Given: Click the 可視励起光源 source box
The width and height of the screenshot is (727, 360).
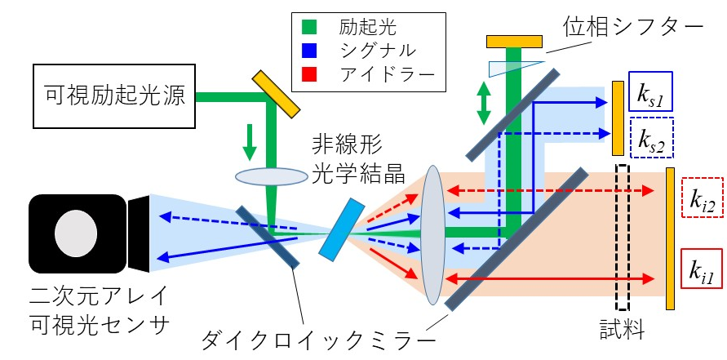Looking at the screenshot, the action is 114,96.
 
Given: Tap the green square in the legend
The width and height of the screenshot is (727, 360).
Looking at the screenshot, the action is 308,28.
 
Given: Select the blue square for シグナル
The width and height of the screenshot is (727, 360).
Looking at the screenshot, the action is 308,51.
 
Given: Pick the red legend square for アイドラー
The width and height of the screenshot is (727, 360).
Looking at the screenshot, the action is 308,73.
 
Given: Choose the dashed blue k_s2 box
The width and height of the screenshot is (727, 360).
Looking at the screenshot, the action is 652,138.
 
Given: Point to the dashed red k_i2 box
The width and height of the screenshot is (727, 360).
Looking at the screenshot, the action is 702,198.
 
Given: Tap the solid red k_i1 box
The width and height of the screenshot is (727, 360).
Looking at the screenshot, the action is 701,269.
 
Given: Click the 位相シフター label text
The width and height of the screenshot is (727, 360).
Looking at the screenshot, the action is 633,28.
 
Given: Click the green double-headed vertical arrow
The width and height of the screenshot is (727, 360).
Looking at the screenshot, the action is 484,103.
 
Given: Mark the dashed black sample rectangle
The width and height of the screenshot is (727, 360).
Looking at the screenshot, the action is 623,237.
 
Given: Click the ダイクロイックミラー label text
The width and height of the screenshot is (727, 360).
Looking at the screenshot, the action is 318,342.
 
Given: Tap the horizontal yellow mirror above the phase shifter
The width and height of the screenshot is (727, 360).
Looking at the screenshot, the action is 514,42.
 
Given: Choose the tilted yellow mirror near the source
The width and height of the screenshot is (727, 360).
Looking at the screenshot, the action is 276,94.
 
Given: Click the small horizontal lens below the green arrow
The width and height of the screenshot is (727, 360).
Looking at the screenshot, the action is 271,177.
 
